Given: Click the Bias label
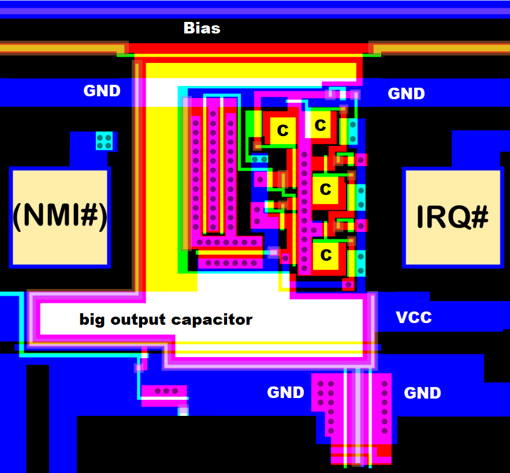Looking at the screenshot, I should click(x=202, y=28).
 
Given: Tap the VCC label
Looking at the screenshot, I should click(x=414, y=317).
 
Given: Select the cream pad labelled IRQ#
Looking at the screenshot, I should click(x=452, y=217).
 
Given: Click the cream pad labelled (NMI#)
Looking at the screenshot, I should click(x=59, y=217).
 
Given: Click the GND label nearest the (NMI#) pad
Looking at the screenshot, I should click(x=102, y=91).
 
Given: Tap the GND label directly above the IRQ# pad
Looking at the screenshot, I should click(x=406, y=93).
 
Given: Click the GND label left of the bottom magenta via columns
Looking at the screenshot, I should click(x=285, y=393).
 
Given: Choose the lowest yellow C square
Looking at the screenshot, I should click(x=326, y=254).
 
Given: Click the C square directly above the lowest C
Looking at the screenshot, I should click(x=325, y=189).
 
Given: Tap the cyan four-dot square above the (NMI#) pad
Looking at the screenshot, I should click(x=105, y=141).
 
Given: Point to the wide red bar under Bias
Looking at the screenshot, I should click(x=248, y=48).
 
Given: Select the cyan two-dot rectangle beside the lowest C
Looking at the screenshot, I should click(x=360, y=263).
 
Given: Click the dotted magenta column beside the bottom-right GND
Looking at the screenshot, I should click(x=384, y=404).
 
